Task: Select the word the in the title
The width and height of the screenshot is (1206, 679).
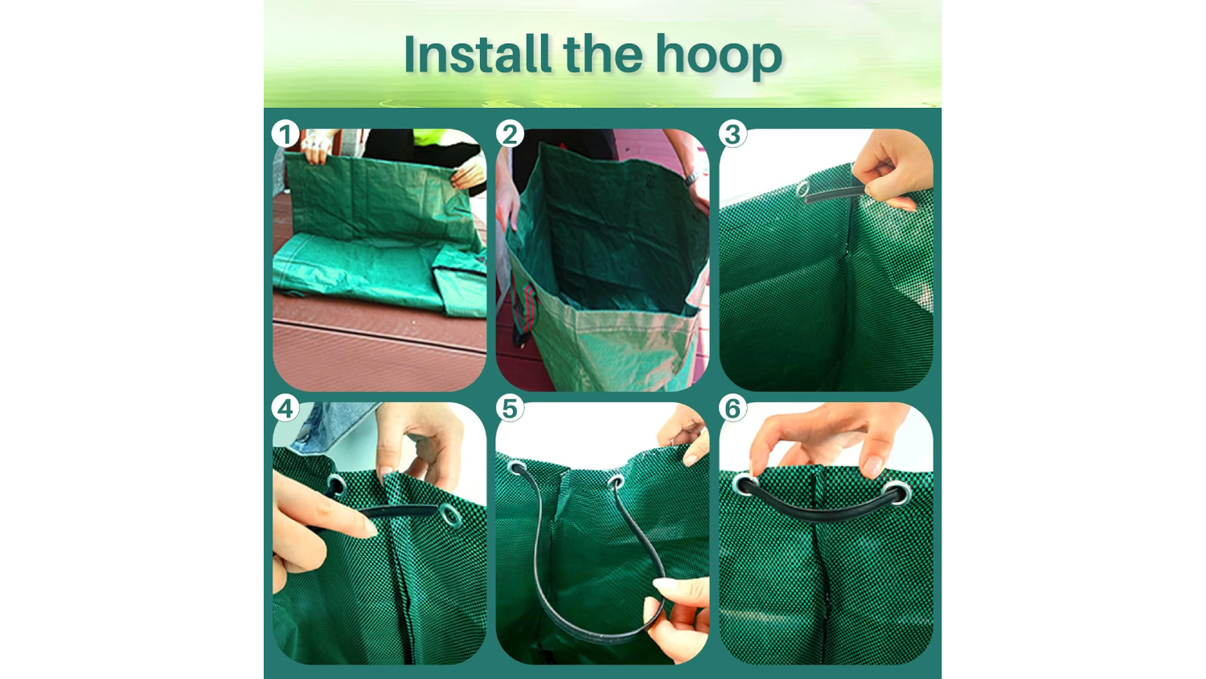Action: click(603, 54)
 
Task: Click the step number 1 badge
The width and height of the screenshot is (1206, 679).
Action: click(285, 134)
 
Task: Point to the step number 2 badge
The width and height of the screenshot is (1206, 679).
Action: click(510, 134)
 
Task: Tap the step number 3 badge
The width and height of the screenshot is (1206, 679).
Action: click(732, 134)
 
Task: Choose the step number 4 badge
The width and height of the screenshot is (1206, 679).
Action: click(285, 408)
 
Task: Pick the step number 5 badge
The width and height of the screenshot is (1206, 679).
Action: click(510, 408)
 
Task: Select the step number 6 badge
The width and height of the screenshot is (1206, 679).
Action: click(732, 408)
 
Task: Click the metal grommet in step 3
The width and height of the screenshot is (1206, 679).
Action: click(803, 190)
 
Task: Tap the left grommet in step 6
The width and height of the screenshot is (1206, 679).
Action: click(745, 484)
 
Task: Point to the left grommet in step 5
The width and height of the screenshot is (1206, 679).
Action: click(516, 467)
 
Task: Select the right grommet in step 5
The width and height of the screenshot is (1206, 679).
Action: click(616, 481)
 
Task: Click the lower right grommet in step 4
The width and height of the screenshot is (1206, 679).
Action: click(449, 514)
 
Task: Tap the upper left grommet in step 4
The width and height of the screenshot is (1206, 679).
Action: click(336, 485)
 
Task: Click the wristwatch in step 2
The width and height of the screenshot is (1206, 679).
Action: click(691, 178)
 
